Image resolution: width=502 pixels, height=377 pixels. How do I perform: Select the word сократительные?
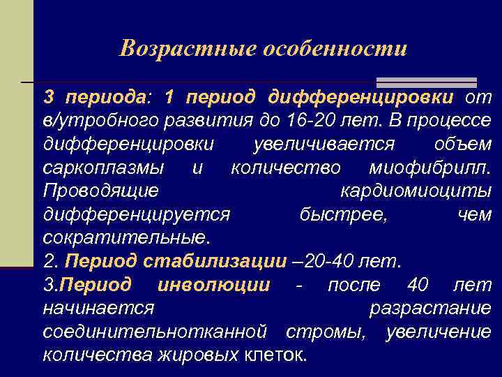click(x=125, y=237)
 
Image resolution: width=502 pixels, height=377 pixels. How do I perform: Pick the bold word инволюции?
click(x=214, y=285)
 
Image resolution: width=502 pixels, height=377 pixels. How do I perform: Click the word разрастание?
click(x=429, y=308)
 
